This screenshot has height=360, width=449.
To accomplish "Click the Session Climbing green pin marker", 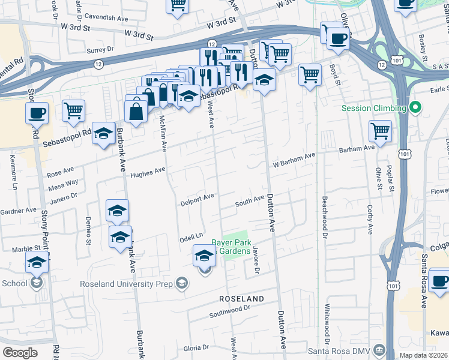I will point(415,109).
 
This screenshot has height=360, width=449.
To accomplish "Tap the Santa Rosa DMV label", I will point(339,350).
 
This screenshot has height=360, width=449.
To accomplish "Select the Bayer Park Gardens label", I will point(230,247).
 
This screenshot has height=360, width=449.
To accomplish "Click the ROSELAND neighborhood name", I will point(242,298).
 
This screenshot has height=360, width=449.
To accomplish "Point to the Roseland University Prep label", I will point(137,284).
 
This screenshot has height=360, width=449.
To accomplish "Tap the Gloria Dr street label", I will point(196,347).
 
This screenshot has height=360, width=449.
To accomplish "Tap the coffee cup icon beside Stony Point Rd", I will point(37,112).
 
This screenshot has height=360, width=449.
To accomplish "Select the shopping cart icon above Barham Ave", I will point(381,130).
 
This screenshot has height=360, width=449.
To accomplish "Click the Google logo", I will point(20,352).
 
